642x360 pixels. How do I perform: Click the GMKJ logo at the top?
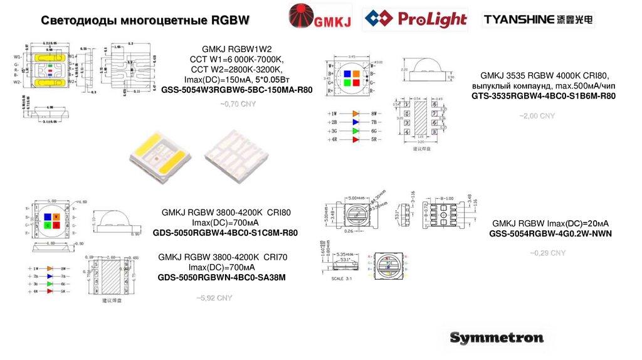(x=319, y=18)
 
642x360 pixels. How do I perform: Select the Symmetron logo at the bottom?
(x=497, y=338)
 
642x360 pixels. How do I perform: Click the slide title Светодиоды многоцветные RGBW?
(x=145, y=21)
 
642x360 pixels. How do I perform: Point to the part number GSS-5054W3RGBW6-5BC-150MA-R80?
(x=236, y=90)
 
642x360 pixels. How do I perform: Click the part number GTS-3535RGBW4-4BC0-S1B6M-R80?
(x=543, y=96)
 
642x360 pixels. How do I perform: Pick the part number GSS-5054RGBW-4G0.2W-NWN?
(x=550, y=234)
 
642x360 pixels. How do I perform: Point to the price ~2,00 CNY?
(x=537, y=116)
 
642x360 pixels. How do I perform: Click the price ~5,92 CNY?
(x=214, y=298)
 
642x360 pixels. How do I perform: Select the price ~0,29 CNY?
(x=548, y=253)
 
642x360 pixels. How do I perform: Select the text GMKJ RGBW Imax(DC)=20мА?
(x=550, y=223)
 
